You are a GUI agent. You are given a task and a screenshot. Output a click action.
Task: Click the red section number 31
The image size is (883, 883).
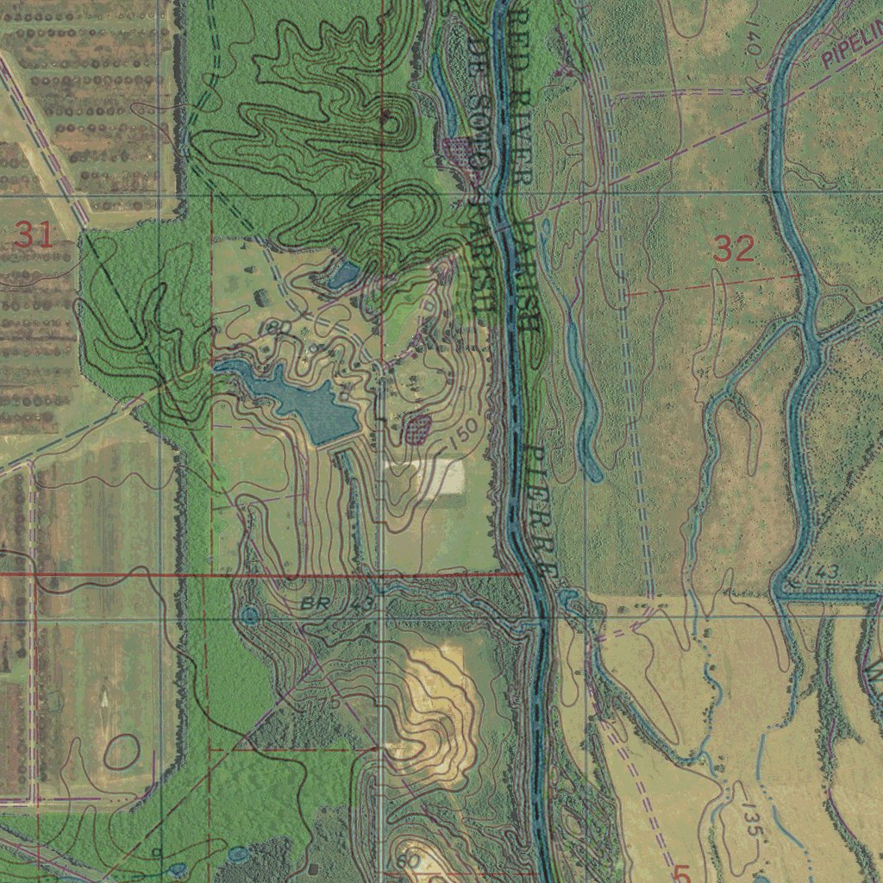(x=34, y=235)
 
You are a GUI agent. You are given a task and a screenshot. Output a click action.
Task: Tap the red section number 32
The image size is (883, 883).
(x=734, y=250)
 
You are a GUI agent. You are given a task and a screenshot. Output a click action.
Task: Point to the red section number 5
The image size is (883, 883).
(x=682, y=874)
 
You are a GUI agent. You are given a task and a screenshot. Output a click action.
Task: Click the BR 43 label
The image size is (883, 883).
(x=338, y=604)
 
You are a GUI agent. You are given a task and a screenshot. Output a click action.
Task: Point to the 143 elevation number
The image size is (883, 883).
(x=824, y=573)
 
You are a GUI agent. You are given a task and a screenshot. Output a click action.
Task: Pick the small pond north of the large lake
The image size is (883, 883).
(x=343, y=275)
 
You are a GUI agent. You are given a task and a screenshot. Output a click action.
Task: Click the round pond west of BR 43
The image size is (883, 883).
(x=249, y=615)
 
